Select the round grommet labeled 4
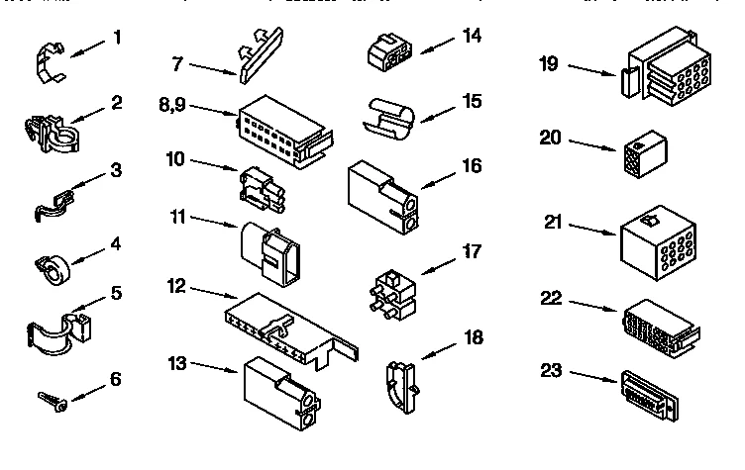(x=51, y=268)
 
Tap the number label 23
(x=552, y=373)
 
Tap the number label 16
(x=472, y=165)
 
